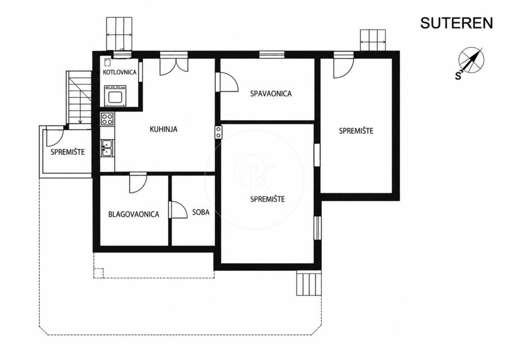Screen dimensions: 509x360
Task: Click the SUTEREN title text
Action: [x=456, y=23]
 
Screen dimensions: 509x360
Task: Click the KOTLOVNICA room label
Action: [x=119, y=72]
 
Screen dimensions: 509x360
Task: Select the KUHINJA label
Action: [x=164, y=129]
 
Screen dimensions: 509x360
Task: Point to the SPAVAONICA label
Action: [x=271, y=93]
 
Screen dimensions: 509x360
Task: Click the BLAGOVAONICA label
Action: [x=134, y=214]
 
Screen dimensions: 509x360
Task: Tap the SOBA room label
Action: [x=201, y=212]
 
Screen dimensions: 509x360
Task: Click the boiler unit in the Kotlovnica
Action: [x=115, y=95]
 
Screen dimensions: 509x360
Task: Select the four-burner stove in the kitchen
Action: [x=107, y=119]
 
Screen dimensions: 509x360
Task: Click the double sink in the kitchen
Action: [x=107, y=148]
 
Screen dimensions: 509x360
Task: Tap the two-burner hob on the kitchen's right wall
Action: [x=218, y=132]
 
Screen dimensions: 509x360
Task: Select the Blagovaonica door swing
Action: [x=138, y=183]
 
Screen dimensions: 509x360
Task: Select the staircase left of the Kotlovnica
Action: [x=79, y=97]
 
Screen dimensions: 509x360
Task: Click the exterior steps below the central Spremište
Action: [x=309, y=283]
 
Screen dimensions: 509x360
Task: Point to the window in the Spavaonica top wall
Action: [x=272, y=55]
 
